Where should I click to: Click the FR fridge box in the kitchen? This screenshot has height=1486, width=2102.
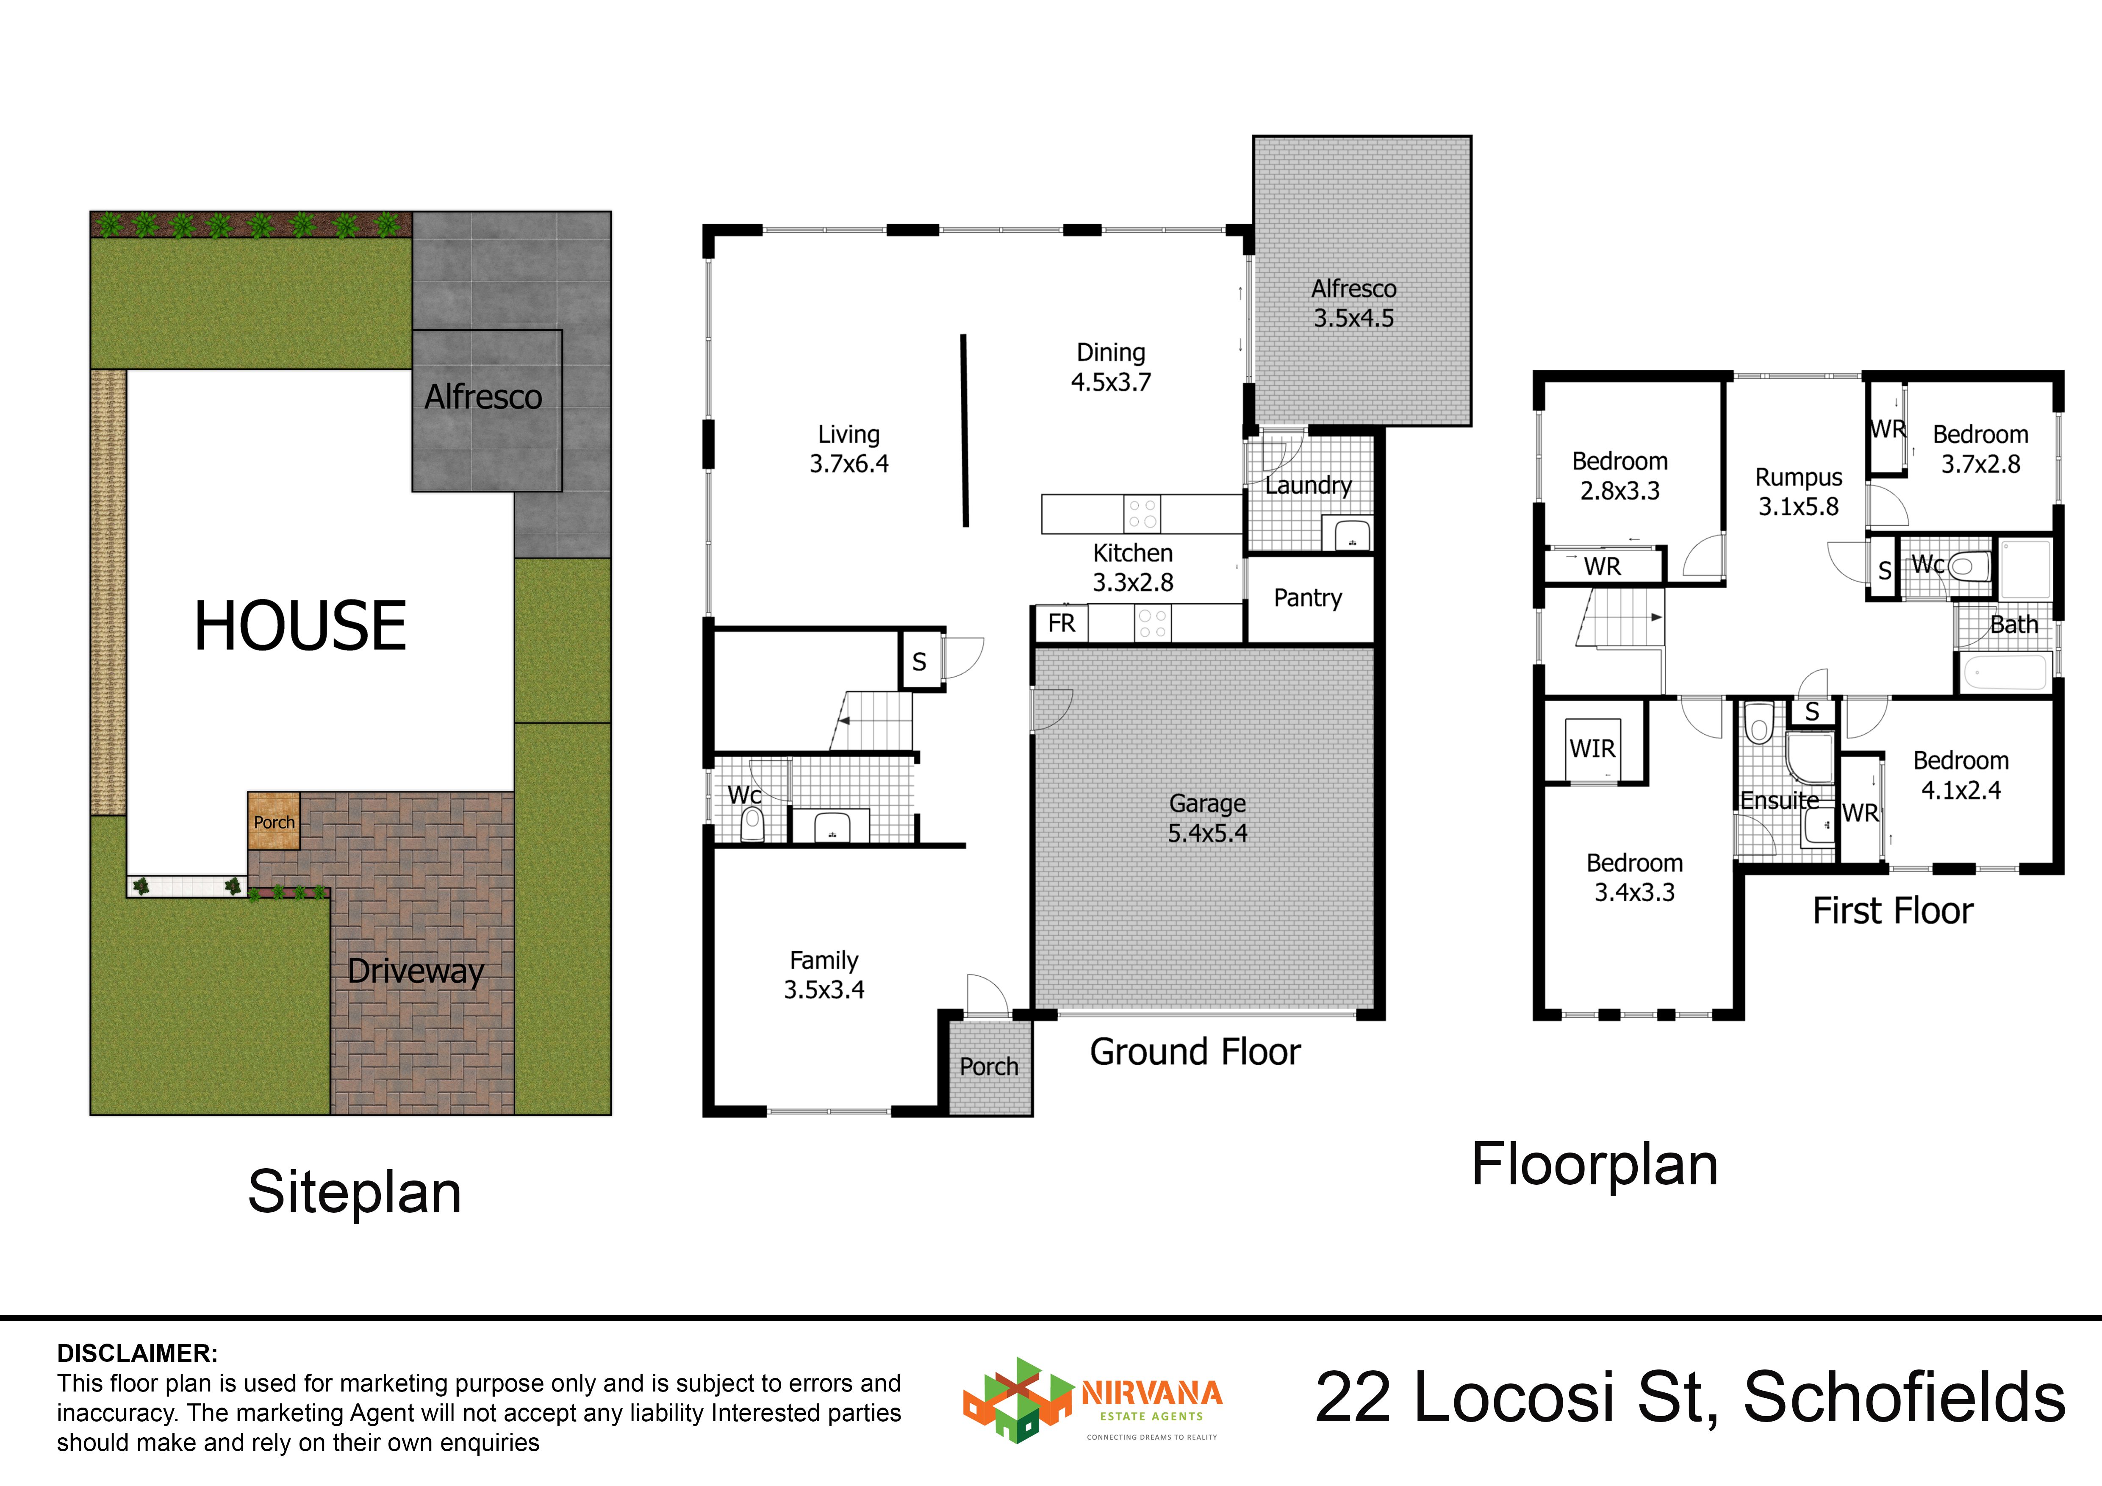tap(1061, 624)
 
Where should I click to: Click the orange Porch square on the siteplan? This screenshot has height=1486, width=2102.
tap(274, 821)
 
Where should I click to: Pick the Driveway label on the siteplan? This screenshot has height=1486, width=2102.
tap(416, 970)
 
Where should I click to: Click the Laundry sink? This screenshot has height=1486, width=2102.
tap(1347, 534)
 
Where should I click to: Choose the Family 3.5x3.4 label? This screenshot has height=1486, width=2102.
tap(824, 975)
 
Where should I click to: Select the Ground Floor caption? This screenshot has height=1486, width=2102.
tap(1195, 1052)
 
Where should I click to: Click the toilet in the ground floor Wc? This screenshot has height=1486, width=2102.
tap(752, 824)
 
